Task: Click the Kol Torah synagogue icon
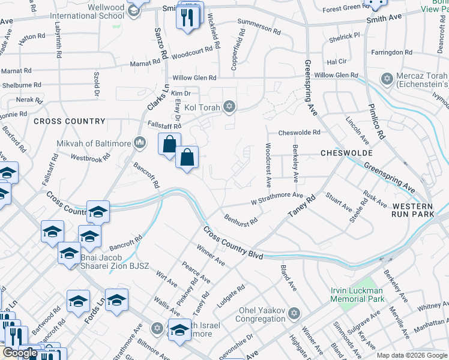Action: click(228, 107)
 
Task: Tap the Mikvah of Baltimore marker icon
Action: click(140, 142)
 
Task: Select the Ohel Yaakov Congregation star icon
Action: click(294, 313)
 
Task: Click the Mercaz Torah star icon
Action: click(387, 79)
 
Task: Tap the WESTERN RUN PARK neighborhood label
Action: click(417, 208)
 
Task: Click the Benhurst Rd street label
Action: click(241, 219)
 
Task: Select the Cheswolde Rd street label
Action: click(299, 133)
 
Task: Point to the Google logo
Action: click(20, 353)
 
